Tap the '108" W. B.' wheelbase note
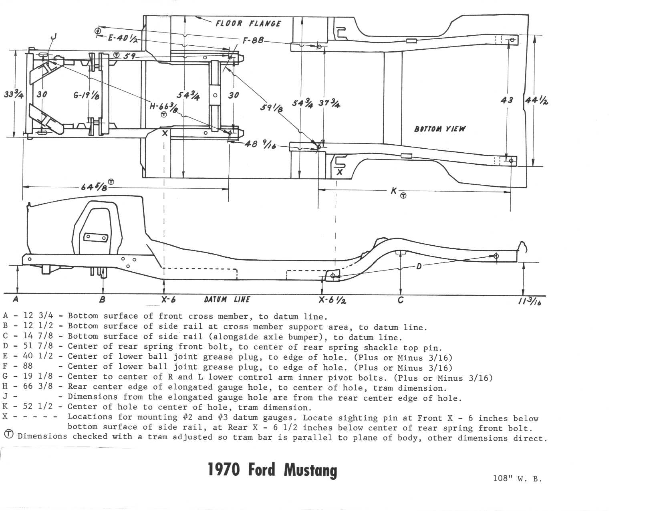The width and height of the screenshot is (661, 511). click(518, 478)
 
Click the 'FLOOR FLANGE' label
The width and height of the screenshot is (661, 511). click(248, 23)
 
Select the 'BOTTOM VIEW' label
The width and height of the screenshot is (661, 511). click(440, 129)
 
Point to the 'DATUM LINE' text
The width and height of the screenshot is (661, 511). click(227, 299)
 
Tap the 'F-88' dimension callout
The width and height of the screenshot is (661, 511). click(253, 40)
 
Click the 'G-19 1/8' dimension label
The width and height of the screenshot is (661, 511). click(87, 95)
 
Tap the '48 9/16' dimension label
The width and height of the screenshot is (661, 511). click(260, 144)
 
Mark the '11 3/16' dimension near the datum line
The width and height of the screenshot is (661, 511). click(529, 301)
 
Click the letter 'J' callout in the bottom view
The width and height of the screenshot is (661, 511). click(53, 38)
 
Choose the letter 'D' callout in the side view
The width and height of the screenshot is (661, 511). click(419, 266)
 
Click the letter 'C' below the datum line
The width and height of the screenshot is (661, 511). click(400, 300)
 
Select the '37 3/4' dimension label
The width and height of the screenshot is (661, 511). click(329, 103)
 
